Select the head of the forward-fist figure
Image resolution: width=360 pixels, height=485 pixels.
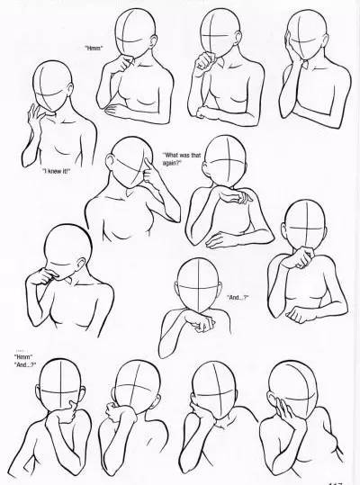point(195,282)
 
